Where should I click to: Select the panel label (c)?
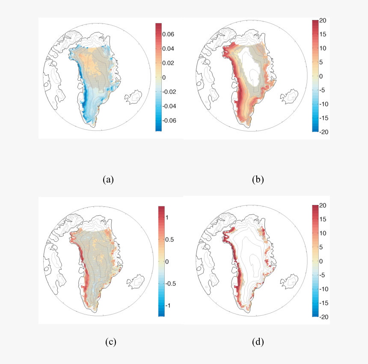point(110,342)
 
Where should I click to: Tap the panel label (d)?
point(258,342)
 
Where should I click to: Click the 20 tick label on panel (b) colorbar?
point(323,20)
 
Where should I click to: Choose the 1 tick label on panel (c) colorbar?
point(168,217)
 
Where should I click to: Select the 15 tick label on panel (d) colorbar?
point(323,220)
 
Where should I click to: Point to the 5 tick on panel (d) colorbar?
point(321,247)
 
